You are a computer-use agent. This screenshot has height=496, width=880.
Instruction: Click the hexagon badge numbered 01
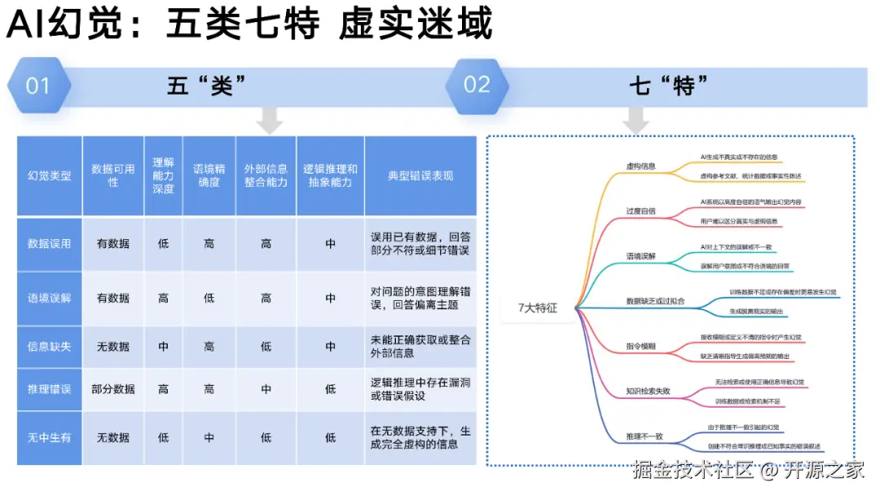pyautogui.click(x=38, y=86)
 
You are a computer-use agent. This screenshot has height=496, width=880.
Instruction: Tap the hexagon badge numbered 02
pyautogui.click(x=477, y=85)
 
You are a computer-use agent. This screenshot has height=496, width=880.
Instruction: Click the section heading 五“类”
pyautogui.click(x=207, y=86)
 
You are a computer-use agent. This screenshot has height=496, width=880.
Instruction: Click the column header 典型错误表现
pyautogui.click(x=420, y=175)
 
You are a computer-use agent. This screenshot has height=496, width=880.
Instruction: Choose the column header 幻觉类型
pyautogui.click(x=50, y=175)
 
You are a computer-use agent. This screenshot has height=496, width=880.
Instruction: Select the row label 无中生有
pyautogui.click(x=50, y=437)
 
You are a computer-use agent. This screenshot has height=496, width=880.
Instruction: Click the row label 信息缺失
pyautogui.click(x=50, y=347)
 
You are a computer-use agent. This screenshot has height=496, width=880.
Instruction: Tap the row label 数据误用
pyautogui.click(x=50, y=243)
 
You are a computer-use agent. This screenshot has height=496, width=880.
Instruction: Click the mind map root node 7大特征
pyautogui.click(x=538, y=308)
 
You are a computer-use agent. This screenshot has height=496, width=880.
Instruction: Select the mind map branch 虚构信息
pyautogui.click(x=640, y=166)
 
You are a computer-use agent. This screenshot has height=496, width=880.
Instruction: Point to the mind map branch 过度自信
pyautogui.click(x=640, y=211)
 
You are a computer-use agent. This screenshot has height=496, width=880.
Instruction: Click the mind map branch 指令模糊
pyautogui.click(x=640, y=347)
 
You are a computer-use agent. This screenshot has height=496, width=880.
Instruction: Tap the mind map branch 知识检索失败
pyautogui.click(x=648, y=392)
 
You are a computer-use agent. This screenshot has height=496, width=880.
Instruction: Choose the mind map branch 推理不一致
pyautogui.click(x=644, y=436)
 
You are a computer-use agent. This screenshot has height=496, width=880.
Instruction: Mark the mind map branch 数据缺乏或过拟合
pyautogui.click(x=655, y=301)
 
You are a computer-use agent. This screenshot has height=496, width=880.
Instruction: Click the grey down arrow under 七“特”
pyautogui.click(x=636, y=122)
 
